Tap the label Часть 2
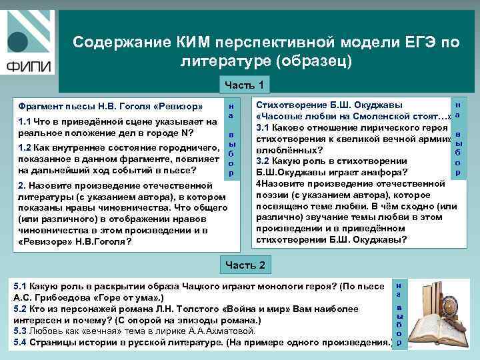coord(245,265)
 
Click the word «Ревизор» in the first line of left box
coord(178,107)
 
